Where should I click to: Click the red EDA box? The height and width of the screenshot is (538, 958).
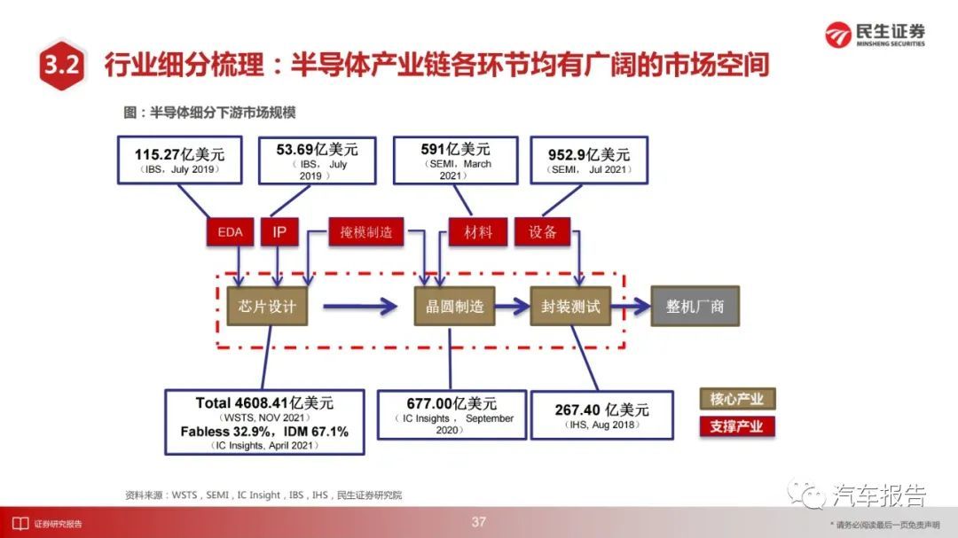coord(231,232)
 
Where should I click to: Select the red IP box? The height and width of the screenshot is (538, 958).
coord(279,232)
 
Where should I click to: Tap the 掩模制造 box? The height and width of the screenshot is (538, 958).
coord(366,232)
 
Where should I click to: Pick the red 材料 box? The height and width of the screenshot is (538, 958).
coord(478,232)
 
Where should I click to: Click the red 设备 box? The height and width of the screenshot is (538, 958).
coord(543,232)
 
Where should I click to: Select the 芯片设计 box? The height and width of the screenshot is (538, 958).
coord(267,306)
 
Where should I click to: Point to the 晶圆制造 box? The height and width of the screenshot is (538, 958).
coord(454,306)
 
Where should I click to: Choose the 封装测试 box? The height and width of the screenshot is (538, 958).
coord(570,306)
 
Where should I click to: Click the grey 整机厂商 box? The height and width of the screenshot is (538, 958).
coord(695,306)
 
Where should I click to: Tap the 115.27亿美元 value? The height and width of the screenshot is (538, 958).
coord(179,154)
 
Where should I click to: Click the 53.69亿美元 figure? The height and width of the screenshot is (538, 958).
coord(317,149)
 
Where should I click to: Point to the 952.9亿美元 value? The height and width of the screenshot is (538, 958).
coord(589,154)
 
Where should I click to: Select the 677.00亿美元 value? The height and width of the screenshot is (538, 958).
coord(452,403)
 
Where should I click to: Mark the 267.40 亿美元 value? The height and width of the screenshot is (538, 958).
coord(601,409)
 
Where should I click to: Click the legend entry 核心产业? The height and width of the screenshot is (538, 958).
coord(737,400)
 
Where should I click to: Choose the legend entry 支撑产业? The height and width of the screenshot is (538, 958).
coord(737,426)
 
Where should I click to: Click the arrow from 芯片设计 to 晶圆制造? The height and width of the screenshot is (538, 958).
coord(360,306)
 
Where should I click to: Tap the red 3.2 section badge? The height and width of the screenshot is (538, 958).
coord(61,64)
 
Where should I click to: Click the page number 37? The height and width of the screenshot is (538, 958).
coord(479,522)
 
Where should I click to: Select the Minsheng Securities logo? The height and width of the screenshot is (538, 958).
coord(875,35)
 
